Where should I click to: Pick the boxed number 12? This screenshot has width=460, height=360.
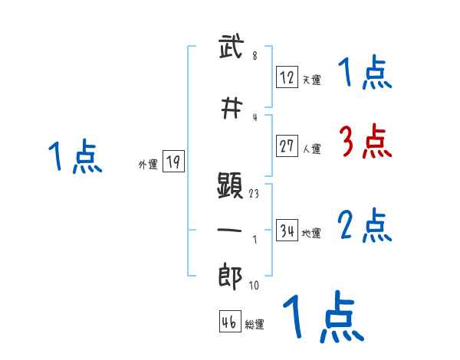pos(287,77)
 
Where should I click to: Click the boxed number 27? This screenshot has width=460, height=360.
pos(287,146)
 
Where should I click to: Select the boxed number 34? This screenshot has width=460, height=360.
pos(287,231)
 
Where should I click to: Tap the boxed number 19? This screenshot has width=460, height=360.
pos(173,162)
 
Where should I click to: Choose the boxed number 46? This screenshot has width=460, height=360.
pos(229,322)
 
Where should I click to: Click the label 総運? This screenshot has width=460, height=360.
pos(255,325)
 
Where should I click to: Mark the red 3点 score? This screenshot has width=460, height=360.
pos(364,142)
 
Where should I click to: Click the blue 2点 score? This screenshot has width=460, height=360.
pos(364,226)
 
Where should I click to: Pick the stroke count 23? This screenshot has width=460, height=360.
pos(254,194)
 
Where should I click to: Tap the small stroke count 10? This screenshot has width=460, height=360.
pos(254,286)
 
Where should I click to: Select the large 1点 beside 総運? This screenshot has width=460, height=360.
pos(322,316)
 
